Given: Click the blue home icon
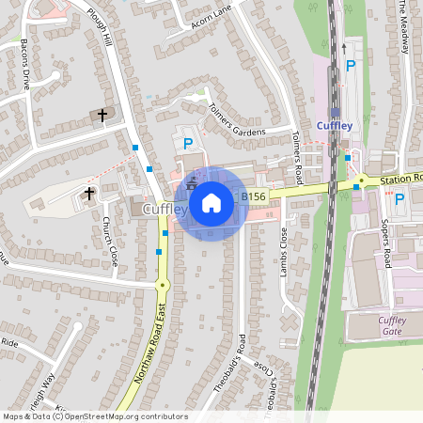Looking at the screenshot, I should (x=211, y=202).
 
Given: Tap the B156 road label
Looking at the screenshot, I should (x=252, y=196).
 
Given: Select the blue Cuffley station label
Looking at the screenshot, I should (x=335, y=126).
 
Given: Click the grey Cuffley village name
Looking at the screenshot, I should (x=164, y=208).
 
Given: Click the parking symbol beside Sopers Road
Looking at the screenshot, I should (x=399, y=198).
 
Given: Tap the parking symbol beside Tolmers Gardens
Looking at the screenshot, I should (x=187, y=144).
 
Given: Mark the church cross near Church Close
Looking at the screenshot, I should (x=89, y=194).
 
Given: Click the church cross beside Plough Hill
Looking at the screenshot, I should (x=102, y=115).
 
